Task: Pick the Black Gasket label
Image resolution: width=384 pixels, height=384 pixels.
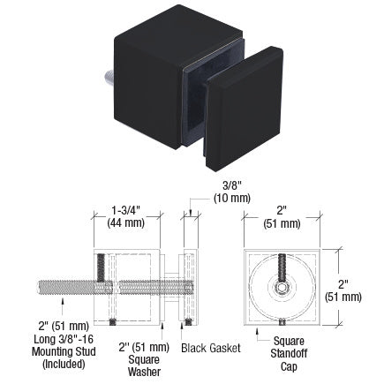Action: point(211,348)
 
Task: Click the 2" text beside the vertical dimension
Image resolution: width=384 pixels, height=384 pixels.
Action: point(351,282)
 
